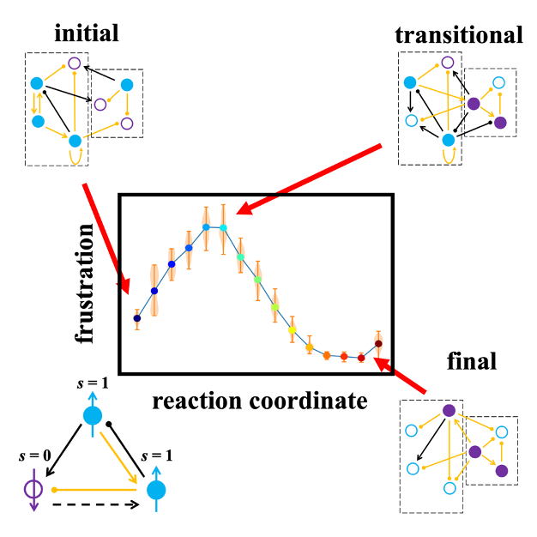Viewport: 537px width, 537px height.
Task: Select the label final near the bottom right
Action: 472,361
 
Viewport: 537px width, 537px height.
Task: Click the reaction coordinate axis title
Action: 260,400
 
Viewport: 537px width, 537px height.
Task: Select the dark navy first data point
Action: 137,318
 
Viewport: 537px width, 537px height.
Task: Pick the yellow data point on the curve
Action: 293,329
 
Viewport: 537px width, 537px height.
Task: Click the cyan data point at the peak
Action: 223,227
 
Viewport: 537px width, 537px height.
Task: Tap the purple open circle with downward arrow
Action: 33,492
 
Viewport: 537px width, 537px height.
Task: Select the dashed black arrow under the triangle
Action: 95,506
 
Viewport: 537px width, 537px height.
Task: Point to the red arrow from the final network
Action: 401,378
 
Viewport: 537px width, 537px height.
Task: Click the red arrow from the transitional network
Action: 309,179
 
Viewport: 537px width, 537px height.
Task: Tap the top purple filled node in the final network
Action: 448,411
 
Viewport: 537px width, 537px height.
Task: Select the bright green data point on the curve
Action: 257,280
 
